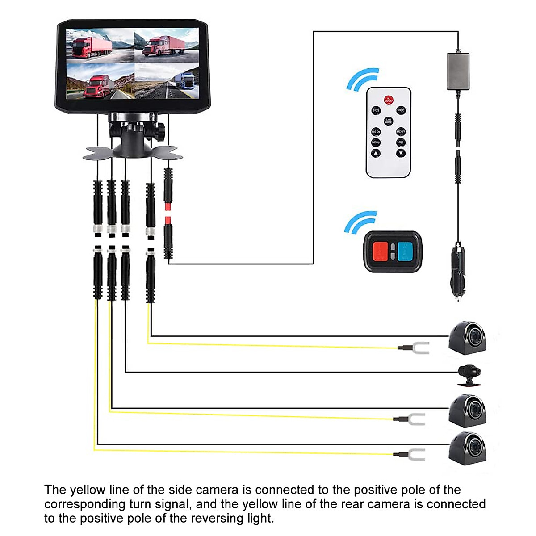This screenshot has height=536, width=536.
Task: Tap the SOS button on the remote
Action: click(376, 110)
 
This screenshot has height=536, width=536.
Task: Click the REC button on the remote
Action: click(401, 110)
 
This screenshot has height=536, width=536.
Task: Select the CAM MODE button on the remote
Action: click(388, 121)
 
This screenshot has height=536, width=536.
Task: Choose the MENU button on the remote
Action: click(376, 142)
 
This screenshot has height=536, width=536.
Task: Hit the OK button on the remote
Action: click(401, 142)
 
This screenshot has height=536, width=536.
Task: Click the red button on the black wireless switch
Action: click(380, 251)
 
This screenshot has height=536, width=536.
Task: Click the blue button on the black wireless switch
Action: click(405, 251)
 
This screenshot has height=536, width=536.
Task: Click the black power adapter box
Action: click(458, 71)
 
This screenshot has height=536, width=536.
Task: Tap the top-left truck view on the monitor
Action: click(100, 45)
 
